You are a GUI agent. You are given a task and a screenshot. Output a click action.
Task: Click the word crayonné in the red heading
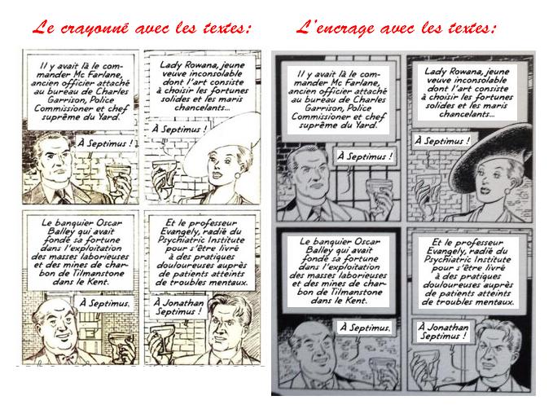point(94,29)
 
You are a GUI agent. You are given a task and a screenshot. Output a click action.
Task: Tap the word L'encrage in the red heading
point(335,29)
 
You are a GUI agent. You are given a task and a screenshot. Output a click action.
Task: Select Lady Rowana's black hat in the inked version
point(494,156)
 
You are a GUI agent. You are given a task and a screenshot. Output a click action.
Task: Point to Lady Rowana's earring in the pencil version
point(237,175)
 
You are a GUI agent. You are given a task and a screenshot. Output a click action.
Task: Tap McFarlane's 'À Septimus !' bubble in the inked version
point(365,156)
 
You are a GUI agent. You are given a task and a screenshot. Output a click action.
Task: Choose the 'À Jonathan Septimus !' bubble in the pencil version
point(178,306)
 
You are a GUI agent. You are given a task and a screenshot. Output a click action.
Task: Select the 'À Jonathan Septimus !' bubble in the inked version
point(443,332)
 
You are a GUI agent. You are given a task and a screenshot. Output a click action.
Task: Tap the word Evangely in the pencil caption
point(183,232)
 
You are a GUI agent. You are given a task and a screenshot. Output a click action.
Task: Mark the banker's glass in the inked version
point(380,367)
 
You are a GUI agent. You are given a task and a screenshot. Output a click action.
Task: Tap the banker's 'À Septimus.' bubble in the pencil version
point(104,303)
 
